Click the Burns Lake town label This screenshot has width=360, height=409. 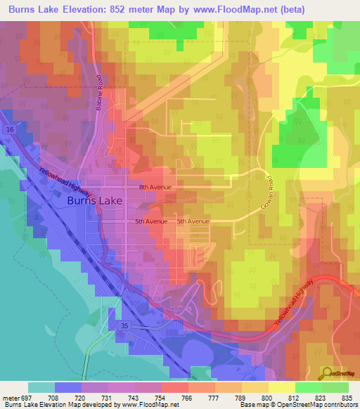[x=95, y=200]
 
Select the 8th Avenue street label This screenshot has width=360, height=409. [x=155, y=187]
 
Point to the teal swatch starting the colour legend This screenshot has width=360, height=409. [x=41, y=387]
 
